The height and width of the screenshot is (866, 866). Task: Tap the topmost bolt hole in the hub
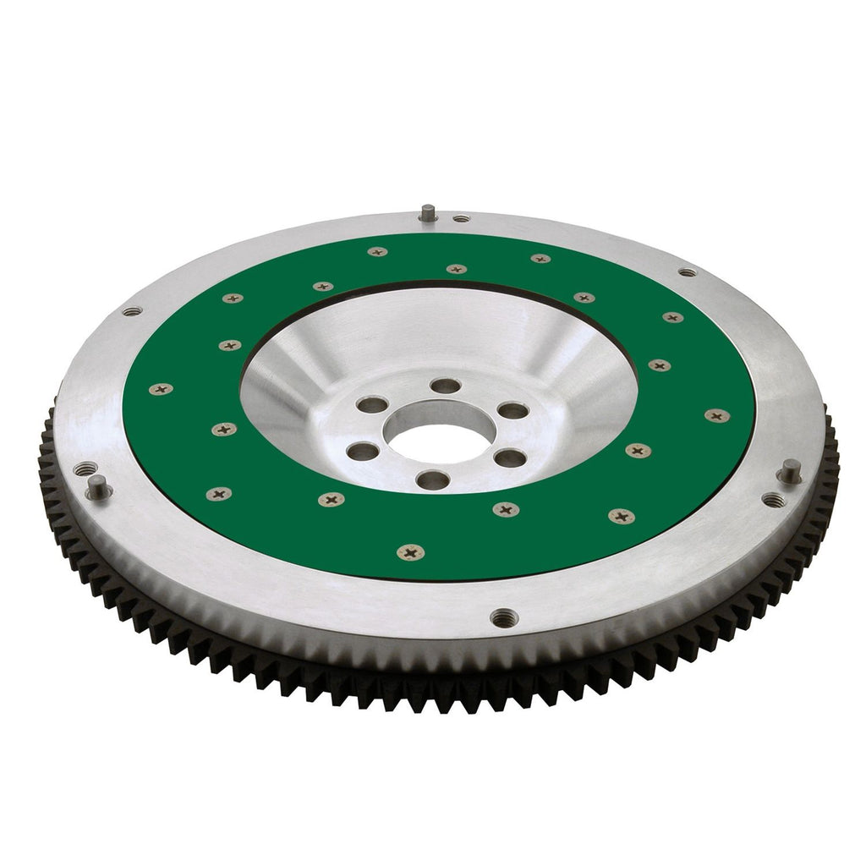445,386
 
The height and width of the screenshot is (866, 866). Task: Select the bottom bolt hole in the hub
433,480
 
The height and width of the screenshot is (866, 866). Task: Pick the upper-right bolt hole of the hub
512,411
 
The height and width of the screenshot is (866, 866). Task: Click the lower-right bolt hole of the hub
510,458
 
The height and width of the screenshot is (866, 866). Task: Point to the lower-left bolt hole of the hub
363,452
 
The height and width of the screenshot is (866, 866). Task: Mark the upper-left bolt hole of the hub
372,404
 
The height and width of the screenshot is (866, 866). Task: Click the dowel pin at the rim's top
429,211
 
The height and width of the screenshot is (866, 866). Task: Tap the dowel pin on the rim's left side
98,485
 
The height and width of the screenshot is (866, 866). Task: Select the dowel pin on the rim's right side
790,470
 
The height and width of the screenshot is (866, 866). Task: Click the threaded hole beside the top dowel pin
461,218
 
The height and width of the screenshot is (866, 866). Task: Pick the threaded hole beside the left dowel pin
85,468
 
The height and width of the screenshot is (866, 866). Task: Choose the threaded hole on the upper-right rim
687,272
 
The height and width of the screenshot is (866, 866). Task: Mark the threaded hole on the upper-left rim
131,311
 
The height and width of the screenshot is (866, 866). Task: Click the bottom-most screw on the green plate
411,553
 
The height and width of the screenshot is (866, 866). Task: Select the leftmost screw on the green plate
161,389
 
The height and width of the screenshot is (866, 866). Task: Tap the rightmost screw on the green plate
717,415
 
